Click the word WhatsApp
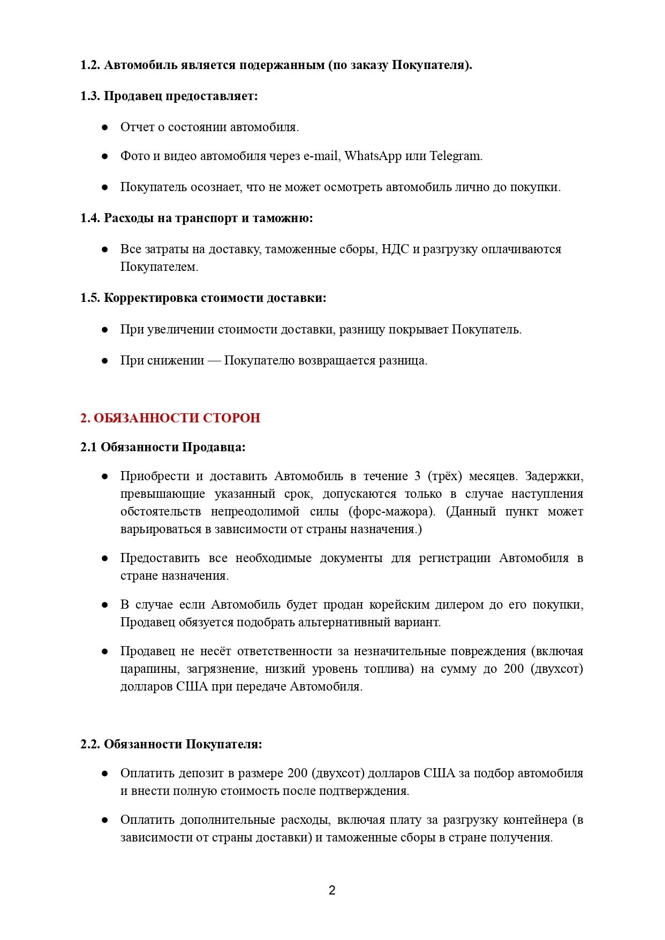pos(373,156)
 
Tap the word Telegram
pos(456,156)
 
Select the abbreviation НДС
pos(395,249)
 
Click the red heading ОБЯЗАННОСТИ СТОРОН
pos(170,418)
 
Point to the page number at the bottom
pos(332,890)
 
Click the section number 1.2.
pos(90,65)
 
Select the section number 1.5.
pos(90,298)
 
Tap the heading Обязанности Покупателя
pos(182,745)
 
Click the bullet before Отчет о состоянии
pos(105,127)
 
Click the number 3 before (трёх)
pos(418,476)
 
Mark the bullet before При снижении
pos(105,361)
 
